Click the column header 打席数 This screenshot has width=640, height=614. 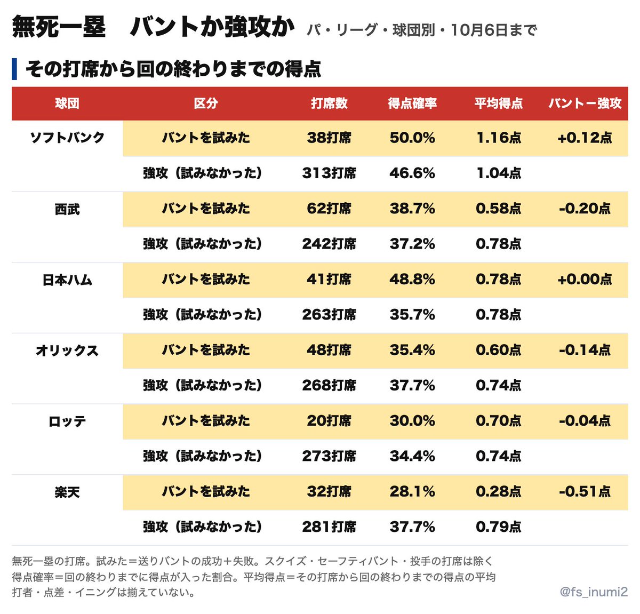pyautogui.click(x=329, y=103)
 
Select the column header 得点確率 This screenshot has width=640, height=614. pyautogui.click(x=412, y=103)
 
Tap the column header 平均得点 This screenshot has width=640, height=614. pyautogui.click(x=498, y=103)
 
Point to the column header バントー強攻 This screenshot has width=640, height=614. pyautogui.click(x=585, y=103)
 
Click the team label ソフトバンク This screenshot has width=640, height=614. pyautogui.click(x=67, y=138)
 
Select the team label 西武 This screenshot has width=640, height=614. pyautogui.click(x=67, y=209)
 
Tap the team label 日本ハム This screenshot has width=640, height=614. pyautogui.click(x=67, y=280)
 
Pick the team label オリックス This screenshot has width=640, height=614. pyautogui.click(x=67, y=350)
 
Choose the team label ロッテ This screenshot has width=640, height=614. pyautogui.click(x=67, y=421)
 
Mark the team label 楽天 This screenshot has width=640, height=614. pyautogui.click(x=67, y=492)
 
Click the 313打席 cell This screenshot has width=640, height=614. pyautogui.click(x=329, y=173)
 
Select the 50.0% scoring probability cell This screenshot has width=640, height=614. pyautogui.click(x=412, y=138)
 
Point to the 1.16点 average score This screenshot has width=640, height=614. pyautogui.click(x=499, y=138)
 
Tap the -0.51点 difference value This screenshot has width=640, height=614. pyautogui.click(x=585, y=491)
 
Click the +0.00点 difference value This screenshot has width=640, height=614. pyautogui.click(x=585, y=279)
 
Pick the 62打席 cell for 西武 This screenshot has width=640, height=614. pyautogui.click(x=329, y=208)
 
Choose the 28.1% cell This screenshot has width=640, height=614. pyautogui.click(x=412, y=491)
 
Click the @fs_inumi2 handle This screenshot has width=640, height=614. pyautogui.click(x=594, y=592)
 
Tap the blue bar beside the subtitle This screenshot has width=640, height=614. pyautogui.click(x=14, y=69)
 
